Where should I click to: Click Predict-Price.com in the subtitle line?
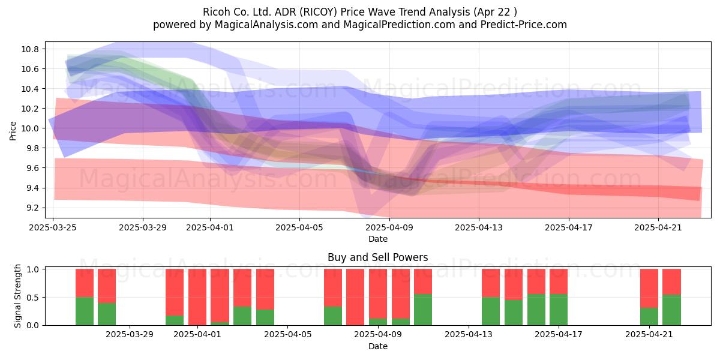pos(524,25)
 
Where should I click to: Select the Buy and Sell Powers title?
pos(377,257)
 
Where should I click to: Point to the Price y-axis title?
pos(13,131)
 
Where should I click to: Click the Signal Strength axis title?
pos(17,296)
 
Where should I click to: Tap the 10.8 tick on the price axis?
pos(30,49)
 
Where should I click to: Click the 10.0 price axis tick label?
pos(30,128)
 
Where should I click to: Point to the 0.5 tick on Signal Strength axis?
pos(32,298)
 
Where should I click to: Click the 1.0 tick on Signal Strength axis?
pos(32,269)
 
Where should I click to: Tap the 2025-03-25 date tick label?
pos(53,227)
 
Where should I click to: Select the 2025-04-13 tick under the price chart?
pos(479,227)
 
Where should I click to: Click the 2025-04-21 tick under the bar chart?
pos(649,335)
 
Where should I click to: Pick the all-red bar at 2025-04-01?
pos(197,297)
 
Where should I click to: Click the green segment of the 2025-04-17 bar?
pos(559,310)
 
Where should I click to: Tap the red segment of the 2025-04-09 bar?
pos(378,294)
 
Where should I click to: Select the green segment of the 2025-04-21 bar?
pos(649,317)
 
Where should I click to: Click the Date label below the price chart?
pos(378,239)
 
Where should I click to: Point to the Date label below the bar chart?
pos(378,347)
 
